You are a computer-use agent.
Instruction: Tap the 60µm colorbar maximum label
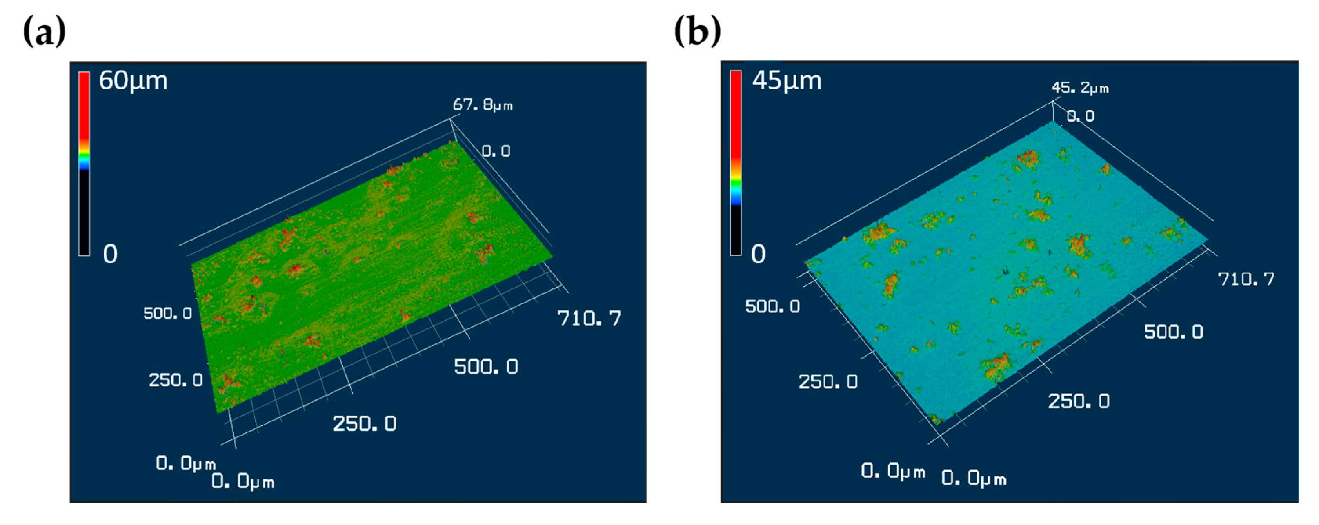(133, 81)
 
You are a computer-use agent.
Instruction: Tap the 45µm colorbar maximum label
(787, 81)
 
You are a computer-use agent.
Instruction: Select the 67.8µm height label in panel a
(482, 105)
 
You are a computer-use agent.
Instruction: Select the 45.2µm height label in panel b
(1080, 88)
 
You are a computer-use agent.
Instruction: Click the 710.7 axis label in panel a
(589, 319)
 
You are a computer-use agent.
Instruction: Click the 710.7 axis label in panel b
(1246, 279)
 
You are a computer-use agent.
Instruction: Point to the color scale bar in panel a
(84, 164)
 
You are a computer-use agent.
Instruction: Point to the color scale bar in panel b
(736, 163)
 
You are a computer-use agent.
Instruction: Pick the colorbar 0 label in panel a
(110, 254)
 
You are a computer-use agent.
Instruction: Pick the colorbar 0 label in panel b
(758, 254)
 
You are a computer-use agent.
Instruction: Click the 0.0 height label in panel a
(496, 151)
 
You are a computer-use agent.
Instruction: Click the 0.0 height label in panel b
(1080, 116)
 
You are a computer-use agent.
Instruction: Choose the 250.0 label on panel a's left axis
(176, 380)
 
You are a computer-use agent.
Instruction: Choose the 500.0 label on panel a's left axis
(167, 313)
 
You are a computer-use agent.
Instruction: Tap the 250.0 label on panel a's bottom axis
(365, 424)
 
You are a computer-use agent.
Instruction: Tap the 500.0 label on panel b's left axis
(772, 306)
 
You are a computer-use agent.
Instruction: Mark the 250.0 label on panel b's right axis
(1078, 401)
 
